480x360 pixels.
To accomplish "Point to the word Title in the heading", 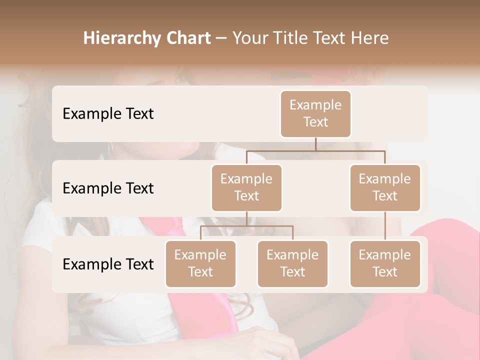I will [x=291, y=38].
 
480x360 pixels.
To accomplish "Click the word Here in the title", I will [x=370, y=38].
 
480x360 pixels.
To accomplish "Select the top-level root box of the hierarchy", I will [x=315, y=113].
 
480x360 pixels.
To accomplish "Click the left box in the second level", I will [x=246, y=187].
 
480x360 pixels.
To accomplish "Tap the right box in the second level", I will [x=385, y=187].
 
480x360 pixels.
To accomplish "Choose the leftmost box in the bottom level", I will [x=200, y=263].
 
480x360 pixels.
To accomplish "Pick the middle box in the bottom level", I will [x=292, y=263].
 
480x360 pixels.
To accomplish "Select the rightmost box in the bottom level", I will [x=385, y=263].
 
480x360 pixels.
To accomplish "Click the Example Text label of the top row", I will [x=108, y=113].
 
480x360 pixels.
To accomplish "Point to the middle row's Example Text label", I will [x=108, y=188].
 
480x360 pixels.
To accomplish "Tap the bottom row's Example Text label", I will [x=108, y=264].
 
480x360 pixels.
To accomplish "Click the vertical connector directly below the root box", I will [x=315, y=144].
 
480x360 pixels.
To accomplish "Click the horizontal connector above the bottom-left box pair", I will [x=246, y=226].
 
